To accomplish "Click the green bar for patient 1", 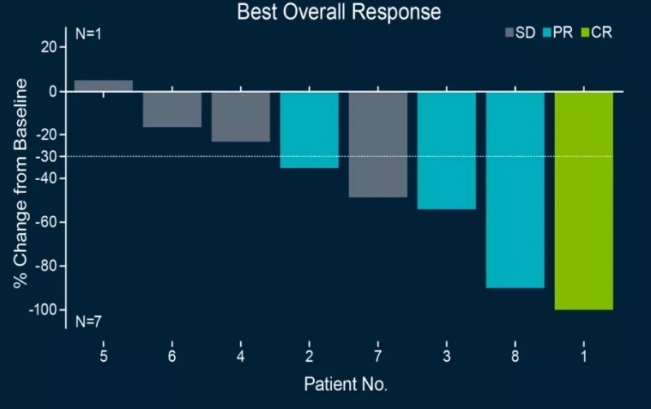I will click(x=583, y=200).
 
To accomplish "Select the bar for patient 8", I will click(x=515, y=190).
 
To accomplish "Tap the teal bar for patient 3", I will click(x=447, y=151).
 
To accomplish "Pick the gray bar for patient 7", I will click(x=378, y=144).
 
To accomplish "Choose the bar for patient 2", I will click(x=309, y=130).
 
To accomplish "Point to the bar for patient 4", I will click(x=241, y=117).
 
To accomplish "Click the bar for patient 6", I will click(x=173, y=109).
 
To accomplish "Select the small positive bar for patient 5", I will click(x=103, y=86).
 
